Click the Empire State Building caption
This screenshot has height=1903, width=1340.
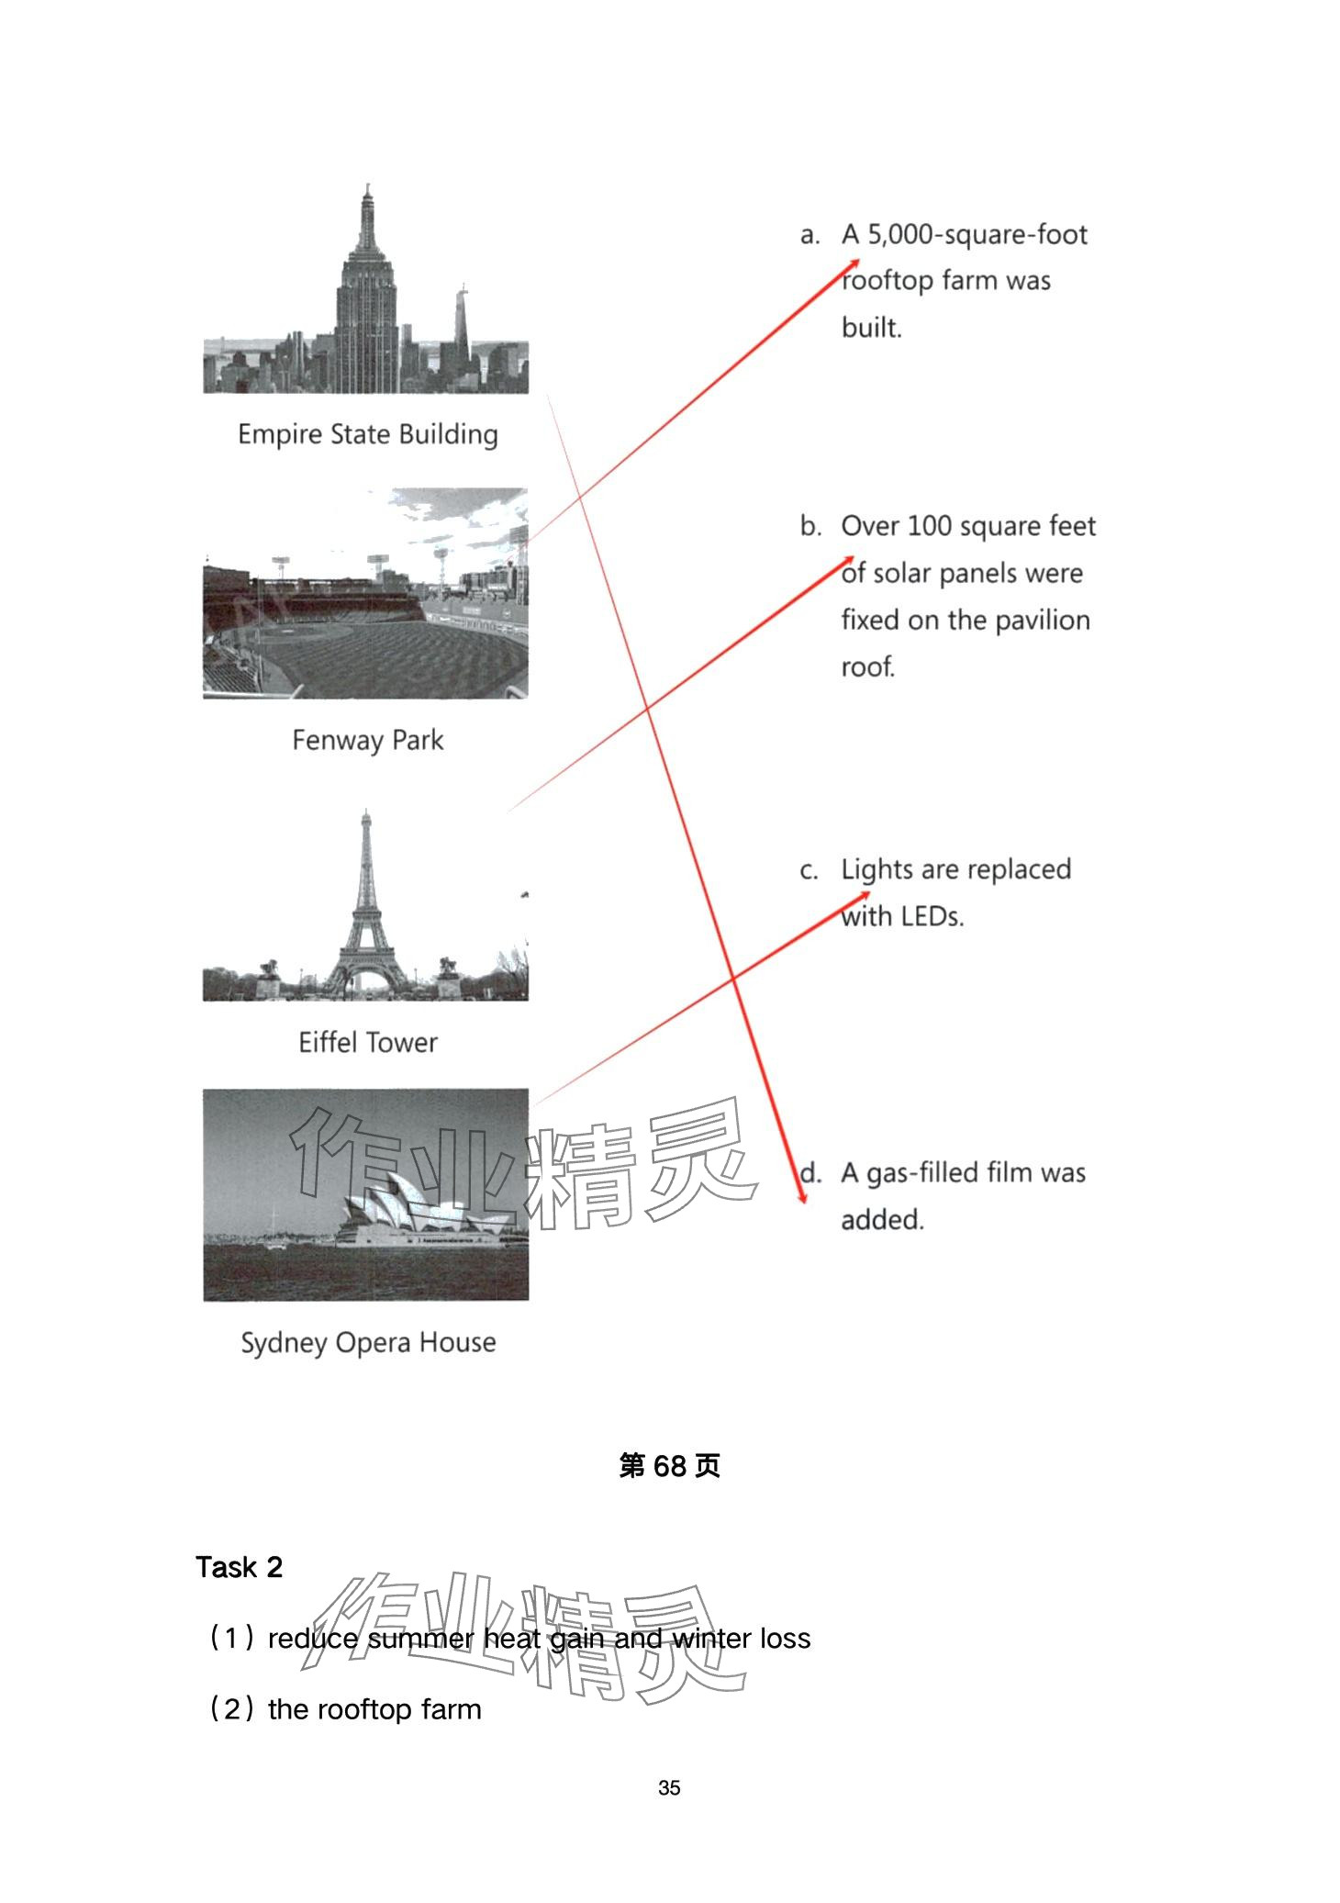[367, 434]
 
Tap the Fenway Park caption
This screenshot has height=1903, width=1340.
[367, 740]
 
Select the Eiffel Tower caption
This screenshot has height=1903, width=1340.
[367, 1043]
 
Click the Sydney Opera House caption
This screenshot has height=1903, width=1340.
[367, 1343]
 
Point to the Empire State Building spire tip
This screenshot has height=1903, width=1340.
[368, 185]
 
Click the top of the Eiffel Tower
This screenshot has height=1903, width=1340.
[366, 812]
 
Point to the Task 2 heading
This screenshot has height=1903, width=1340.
[239, 1567]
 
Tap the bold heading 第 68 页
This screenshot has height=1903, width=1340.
[669, 1466]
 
